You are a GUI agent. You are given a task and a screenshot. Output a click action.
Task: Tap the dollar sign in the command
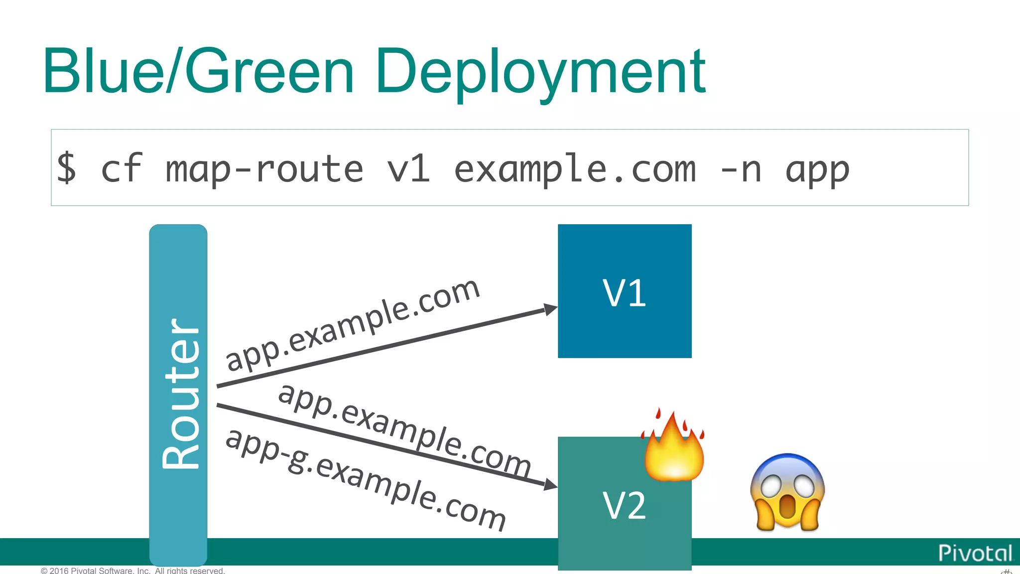click(x=67, y=168)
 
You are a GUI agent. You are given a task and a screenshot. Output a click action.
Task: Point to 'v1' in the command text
click(x=408, y=168)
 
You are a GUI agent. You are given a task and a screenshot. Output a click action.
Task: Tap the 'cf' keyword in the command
click(x=122, y=168)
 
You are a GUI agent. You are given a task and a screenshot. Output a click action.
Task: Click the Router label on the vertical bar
click(x=180, y=394)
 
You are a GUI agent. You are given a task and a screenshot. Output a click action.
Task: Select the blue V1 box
click(x=625, y=291)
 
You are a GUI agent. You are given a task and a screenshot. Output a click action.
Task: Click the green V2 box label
click(x=625, y=505)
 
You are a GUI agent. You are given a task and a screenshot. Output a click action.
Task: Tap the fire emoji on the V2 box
click(x=674, y=446)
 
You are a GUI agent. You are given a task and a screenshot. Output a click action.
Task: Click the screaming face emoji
click(x=787, y=492)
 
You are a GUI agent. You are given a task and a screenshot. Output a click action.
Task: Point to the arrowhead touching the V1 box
click(x=550, y=309)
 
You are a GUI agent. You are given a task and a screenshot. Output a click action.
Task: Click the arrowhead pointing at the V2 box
click(x=550, y=484)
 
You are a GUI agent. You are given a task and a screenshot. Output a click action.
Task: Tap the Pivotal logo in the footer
click(x=975, y=553)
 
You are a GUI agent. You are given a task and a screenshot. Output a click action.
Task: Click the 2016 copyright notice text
click(x=133, y=571)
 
